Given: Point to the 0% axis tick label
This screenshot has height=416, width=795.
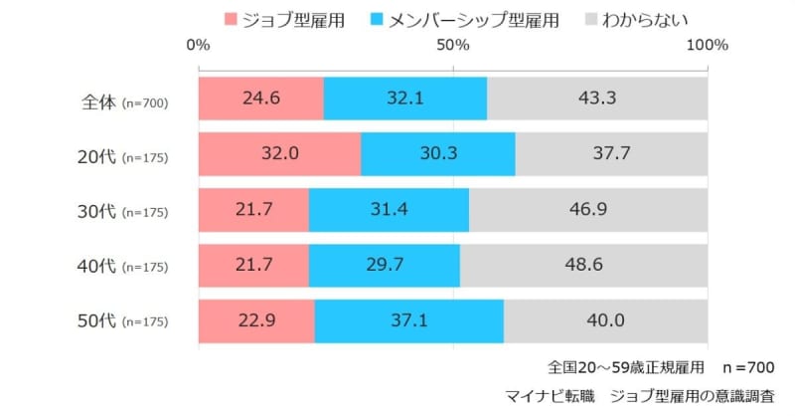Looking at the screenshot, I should (198, 46).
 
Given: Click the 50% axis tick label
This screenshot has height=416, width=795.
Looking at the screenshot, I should (453, 46).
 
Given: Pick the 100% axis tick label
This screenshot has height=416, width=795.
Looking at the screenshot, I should (708, 46).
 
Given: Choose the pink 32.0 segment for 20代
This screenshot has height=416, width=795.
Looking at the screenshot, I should (279, 155).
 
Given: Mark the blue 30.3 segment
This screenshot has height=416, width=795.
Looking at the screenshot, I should (437, 155).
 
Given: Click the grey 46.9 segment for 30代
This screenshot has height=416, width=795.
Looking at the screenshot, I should (588, 211).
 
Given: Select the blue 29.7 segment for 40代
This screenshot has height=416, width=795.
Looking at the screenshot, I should (384, 266).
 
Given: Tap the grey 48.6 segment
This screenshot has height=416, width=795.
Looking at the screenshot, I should (583, 266).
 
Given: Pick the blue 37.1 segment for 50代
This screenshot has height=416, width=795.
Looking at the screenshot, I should (408, 321).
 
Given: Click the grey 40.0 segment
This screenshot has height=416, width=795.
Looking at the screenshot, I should (605, 321).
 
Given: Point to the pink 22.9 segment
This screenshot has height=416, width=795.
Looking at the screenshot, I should (256, 321).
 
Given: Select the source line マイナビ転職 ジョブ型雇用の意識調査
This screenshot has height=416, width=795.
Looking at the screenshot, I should (661, 395).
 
